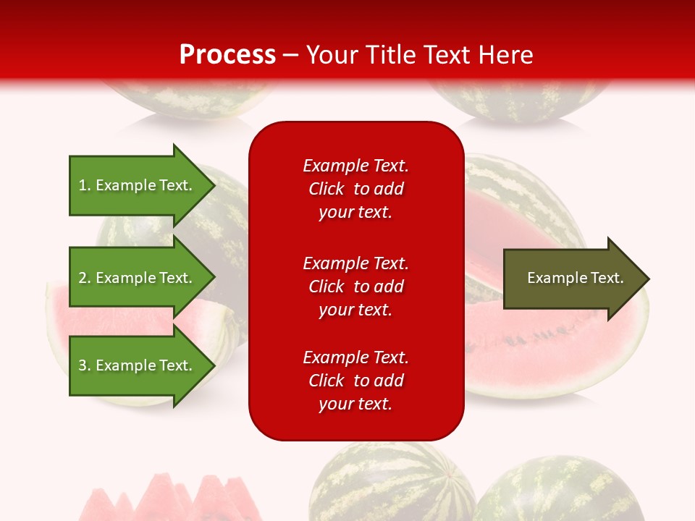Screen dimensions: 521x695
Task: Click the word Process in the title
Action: click(227, 54)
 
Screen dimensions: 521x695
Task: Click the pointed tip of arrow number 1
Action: click(212, 185)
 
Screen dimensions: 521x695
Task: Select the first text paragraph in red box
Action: click(355, 189)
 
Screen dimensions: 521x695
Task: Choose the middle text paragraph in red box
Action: click(355, 287)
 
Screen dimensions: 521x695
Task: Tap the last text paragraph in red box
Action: click(355, 381)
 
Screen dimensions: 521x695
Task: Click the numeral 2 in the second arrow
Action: click(83, 278)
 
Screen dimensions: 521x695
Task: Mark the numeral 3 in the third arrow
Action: click(83, 365)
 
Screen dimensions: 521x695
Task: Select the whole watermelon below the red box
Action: click(391, 485)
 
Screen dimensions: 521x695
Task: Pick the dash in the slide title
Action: click(291, 55)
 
